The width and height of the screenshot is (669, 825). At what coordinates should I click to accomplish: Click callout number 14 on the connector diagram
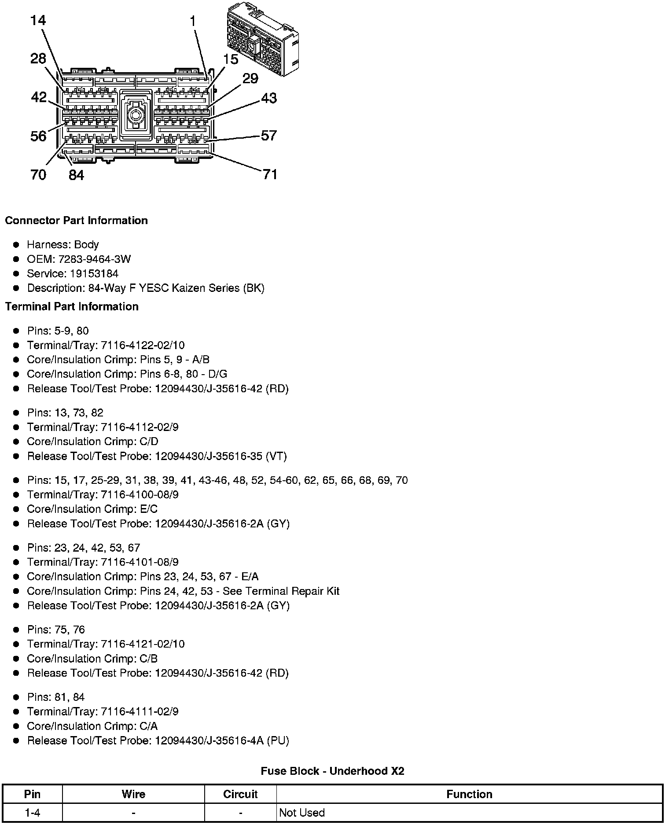[x=38, y=21]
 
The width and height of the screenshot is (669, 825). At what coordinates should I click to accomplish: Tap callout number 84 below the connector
[x=76, y=175]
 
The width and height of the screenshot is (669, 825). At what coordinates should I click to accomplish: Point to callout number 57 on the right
[x=269, y=135]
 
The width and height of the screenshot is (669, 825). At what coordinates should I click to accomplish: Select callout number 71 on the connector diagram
[x=270, y=174]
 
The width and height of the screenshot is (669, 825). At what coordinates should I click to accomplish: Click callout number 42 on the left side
[x=39, y=97]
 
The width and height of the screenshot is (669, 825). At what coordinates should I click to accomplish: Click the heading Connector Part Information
[x=76, y=221]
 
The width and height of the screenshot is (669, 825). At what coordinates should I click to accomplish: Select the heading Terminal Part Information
[x=72, y=306]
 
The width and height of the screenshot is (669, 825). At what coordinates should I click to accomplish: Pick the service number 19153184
[x=94, y=273]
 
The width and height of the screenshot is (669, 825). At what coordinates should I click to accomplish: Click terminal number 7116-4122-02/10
[x=143, y=345]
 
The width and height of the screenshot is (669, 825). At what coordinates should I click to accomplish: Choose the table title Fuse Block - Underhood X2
[x=332, y=771]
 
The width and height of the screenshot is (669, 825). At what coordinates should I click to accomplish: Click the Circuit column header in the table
[x=240, y=794]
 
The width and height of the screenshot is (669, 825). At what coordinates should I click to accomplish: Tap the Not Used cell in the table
[x=302, y=813]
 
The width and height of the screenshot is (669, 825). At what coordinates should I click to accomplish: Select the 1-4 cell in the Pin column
[x=33, y=813]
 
